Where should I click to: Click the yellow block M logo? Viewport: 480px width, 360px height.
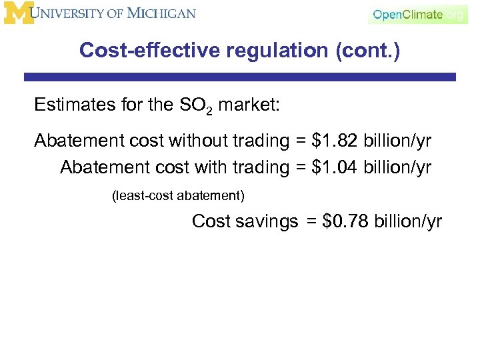tap(18, 13)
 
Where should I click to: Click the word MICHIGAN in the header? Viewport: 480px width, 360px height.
tap(161, 14)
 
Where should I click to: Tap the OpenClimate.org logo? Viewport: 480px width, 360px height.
tap(417, 15)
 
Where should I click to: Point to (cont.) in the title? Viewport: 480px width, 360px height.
tap(373, 51)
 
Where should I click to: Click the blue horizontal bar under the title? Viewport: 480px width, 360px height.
tap(240, 77)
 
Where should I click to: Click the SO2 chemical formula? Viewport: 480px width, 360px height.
tap(195, 106)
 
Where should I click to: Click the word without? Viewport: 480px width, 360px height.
tap(197, 141)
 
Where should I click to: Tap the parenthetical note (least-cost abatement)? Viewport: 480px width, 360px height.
tap(178, 196)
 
